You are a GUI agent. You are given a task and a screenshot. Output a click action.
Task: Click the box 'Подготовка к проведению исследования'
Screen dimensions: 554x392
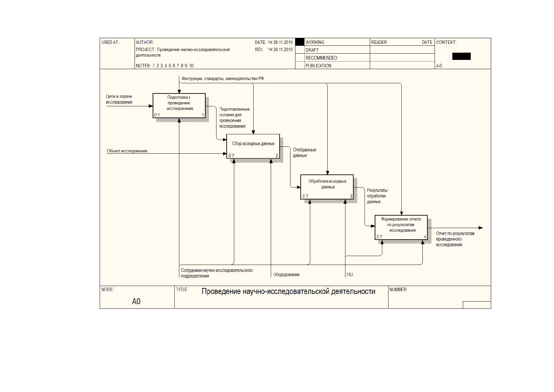[179, 105]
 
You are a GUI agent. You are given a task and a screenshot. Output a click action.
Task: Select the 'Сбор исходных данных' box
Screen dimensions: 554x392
[253, 146]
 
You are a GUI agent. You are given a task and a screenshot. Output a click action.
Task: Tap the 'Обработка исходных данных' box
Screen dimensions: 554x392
[327, 187]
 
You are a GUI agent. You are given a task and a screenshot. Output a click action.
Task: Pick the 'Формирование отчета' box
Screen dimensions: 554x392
[401, 227]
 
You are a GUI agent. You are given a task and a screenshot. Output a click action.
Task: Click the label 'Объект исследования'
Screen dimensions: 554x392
[127, 151]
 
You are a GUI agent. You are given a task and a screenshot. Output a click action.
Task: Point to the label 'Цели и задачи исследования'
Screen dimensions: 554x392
[119, 99]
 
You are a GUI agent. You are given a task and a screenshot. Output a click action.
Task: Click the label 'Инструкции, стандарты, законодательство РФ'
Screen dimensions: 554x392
[223, 78]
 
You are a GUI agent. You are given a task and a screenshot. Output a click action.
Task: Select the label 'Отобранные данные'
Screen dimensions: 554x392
[304, 153]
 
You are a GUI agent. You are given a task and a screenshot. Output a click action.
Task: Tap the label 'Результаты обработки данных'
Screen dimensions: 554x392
[377, 196]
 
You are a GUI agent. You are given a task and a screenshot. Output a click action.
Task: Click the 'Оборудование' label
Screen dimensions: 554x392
[287, 274]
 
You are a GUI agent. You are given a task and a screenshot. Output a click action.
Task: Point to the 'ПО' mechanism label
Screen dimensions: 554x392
[350, 274]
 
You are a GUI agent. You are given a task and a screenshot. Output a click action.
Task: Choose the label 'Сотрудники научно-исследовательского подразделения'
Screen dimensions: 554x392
[217, 273]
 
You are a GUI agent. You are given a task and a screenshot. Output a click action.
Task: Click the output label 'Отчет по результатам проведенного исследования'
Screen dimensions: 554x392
[455, 239]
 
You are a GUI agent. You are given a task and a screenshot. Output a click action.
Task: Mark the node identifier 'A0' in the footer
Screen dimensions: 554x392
[136, 301]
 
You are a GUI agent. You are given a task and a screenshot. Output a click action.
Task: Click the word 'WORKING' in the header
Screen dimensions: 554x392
[315, 42]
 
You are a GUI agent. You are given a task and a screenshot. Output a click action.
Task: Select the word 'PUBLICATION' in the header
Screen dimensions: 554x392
[318, 65]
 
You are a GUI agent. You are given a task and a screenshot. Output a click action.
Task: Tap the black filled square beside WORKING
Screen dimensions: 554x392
[300, 42]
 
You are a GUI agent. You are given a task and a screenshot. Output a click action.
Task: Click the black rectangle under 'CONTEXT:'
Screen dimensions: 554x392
[462, 56]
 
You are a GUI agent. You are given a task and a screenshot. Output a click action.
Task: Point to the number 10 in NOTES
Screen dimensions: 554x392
[191, 65]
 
